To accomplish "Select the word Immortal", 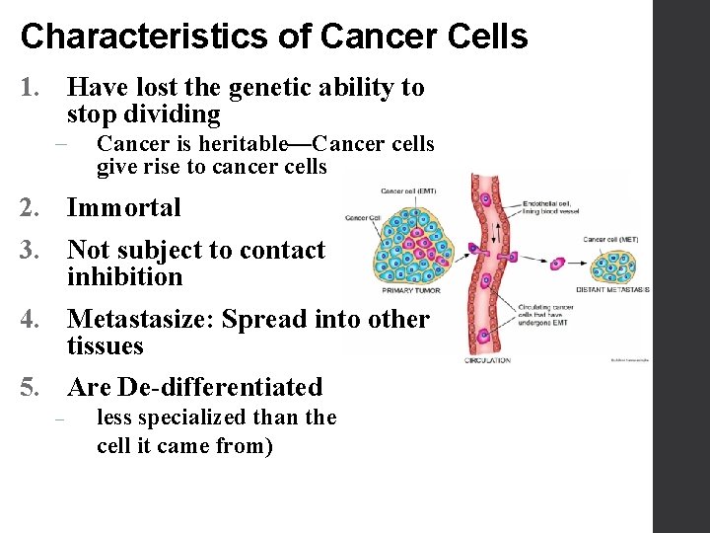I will [123, 208].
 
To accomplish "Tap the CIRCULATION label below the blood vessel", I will [487, 360].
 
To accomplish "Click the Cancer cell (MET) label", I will [607, 240].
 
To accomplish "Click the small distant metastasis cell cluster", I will [613, 266].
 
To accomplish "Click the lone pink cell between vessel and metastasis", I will [557, 264].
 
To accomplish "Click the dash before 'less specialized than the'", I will [59, 419].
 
